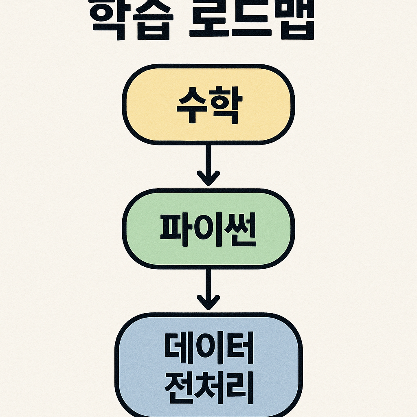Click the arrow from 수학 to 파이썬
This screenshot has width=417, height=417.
[x=208, y=161]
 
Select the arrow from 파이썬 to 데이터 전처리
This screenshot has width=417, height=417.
[x=208, y=285]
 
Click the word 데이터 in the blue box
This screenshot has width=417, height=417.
[x=209, y=350]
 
